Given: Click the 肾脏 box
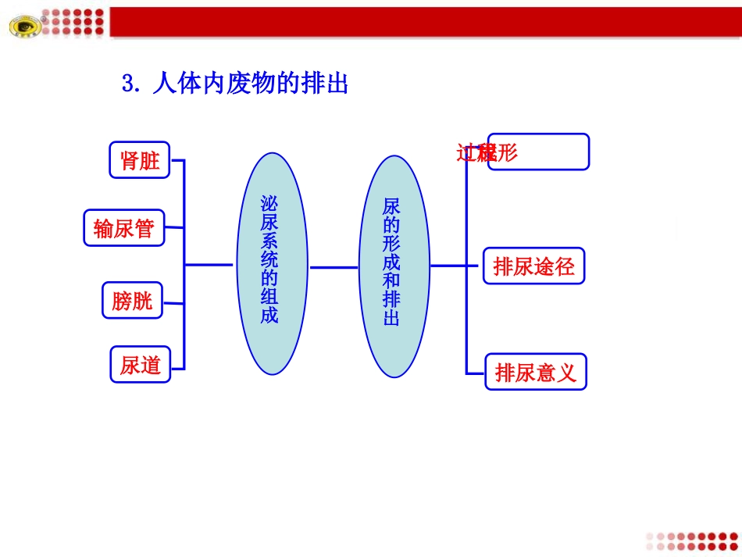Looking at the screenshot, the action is [x=139, y=160].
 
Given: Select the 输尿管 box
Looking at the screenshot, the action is [x=123, y=228].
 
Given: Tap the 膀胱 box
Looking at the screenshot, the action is [x=132, y=300].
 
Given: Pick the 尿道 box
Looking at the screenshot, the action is [x=141, y=364].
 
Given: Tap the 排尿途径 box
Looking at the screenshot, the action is [x=533, y=266].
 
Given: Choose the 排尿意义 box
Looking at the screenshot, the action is [x=535, y=372].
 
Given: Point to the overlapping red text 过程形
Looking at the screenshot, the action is [x=487, y=152].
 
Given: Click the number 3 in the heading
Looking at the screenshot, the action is [x=129, y=84].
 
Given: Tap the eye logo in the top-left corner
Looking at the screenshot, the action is [x=26, y=27].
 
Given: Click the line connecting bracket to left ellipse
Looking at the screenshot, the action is [x=209, y=265].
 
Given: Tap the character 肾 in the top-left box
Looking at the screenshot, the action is [x=129, y=160].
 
